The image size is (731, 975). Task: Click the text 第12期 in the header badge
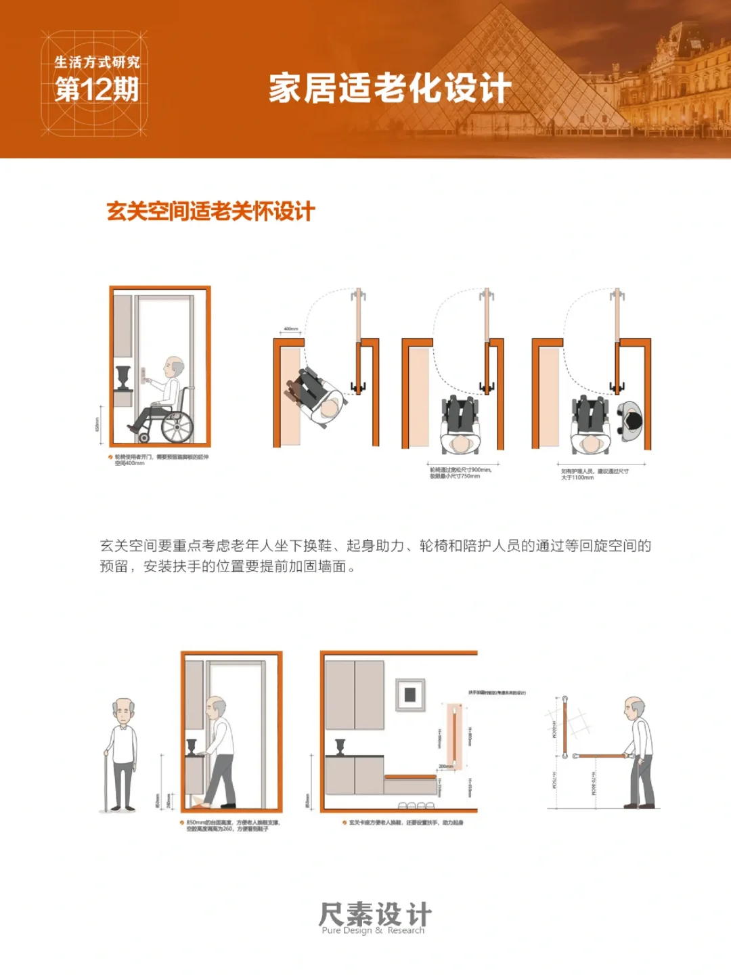click(x=96, y=89)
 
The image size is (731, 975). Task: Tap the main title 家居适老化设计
click(x=389, y=89)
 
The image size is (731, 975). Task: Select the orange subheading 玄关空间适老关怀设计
click(x=211, y=211)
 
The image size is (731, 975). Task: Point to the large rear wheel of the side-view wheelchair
click(x=177, y=425)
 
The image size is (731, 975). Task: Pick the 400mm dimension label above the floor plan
click(x=290, y=329)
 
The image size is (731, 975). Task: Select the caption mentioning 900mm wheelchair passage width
click(x=460, y=473)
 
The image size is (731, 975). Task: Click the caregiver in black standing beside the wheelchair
click(x=631, y=421)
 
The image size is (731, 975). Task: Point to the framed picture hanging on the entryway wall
click(x=410, y=694)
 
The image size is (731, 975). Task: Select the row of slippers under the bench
click(x=416, y=805)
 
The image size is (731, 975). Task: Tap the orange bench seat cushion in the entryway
click(x=410, y=777)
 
